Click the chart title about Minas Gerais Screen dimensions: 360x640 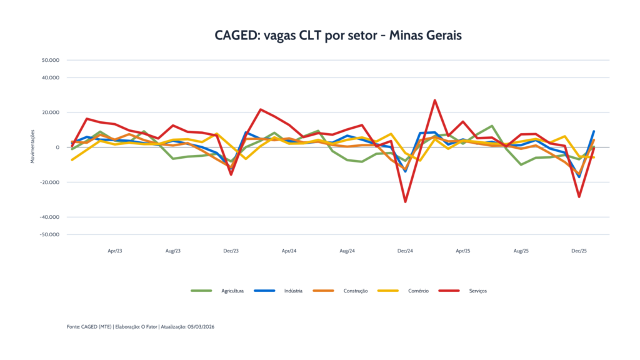[337, 36]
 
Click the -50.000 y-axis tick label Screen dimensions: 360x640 [50, 234]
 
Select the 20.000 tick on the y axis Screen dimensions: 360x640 [51, 112]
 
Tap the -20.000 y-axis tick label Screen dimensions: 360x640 [50, 182]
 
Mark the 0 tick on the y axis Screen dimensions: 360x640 [57, 147]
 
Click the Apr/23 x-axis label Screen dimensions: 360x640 [115, 251]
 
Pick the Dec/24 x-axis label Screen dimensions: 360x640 [405, 251]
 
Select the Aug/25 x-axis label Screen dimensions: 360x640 [521, 251]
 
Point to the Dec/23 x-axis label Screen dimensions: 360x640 [231, 251]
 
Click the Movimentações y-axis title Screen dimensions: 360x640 [32, 147]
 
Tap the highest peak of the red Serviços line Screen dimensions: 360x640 [434, 100]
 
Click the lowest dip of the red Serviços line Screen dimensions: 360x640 [405, 202]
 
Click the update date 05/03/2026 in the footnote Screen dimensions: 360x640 [201, 326]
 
